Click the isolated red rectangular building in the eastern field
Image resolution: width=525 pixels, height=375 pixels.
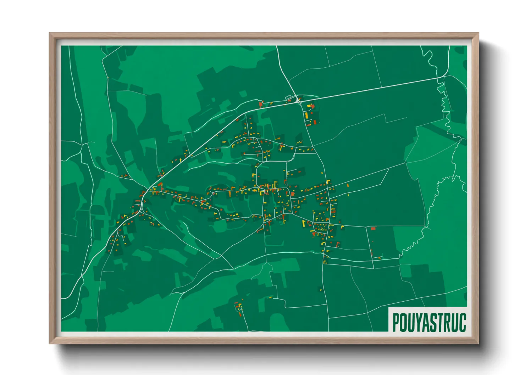(x=373, y=229)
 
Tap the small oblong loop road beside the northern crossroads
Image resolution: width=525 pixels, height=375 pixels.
(x=288, y=97)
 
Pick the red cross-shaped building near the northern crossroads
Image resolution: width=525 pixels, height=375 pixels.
(x=313, y=106)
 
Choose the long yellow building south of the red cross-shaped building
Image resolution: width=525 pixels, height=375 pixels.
(x=307, y=116)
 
